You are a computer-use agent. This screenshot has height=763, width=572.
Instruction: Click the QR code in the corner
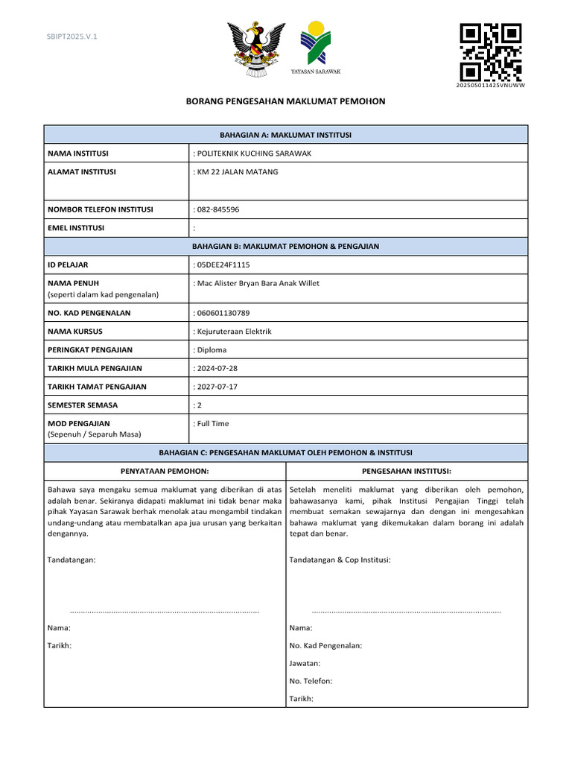point(490,52)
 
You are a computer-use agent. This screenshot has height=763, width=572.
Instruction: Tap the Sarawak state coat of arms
point(256,48)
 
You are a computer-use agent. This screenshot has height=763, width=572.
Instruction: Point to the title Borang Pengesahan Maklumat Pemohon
point(285,101)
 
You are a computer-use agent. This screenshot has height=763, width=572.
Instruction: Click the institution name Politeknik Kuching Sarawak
point(252,153)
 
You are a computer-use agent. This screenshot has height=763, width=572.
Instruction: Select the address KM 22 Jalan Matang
point(235,172)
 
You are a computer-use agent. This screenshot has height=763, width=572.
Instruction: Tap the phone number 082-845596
point(216,209)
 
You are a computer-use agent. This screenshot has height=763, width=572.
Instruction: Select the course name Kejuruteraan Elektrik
point(232,331)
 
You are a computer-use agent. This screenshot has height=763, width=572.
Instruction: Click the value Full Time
point(212,423)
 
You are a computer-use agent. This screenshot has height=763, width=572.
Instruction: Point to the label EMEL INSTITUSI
point(76,228)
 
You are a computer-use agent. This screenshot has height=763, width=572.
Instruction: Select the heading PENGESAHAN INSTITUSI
point(407,471)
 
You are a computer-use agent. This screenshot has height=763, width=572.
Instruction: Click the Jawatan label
point(305,663)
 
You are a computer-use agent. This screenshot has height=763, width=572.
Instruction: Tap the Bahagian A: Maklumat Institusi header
point(285,135)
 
